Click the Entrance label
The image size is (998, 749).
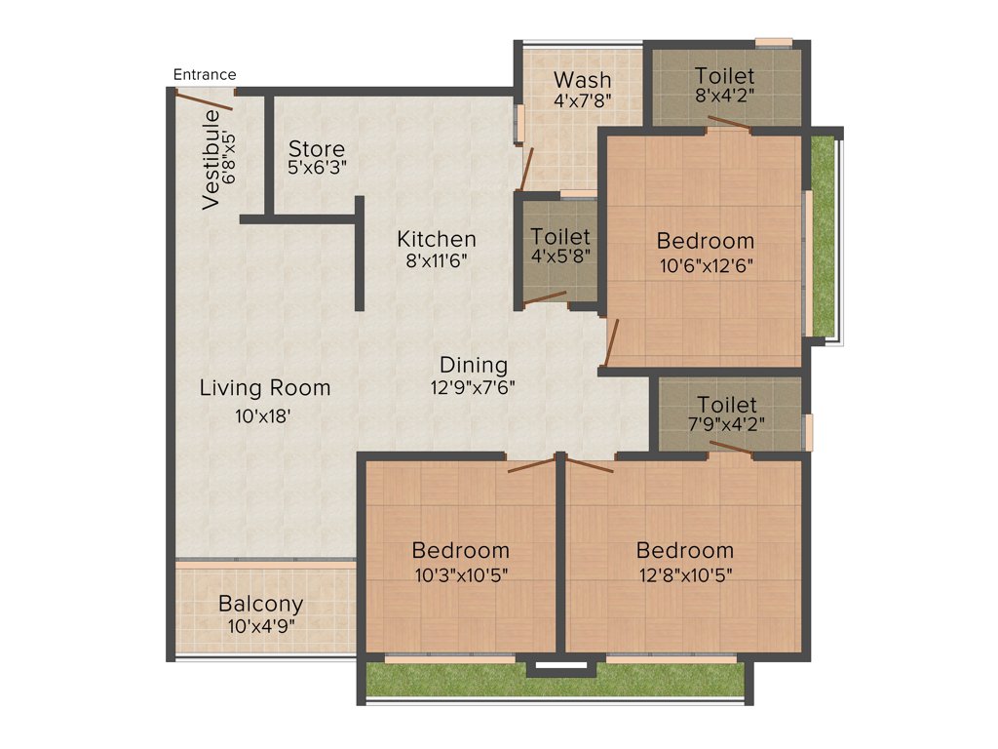click(205, 74)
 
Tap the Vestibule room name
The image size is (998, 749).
click(211, 160)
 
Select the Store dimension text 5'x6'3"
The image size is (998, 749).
click(317, 167)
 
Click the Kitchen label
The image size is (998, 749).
click(437, 239)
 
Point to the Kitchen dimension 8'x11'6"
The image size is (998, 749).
click(437, 260)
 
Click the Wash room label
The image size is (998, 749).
click(583, 79)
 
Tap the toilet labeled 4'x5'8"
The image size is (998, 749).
click(560, 247)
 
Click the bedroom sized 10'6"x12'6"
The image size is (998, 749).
click(705, 251)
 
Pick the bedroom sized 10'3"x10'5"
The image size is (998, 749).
click(460, 561)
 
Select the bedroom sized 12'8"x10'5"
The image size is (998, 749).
click(684, 561)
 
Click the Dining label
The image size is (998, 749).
click(474, 365)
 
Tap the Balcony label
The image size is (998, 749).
click(260, 604)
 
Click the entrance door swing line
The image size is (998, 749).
click(205, 100)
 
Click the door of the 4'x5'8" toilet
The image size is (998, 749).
click(545, 298)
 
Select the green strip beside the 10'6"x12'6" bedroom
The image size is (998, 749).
click(824, 234)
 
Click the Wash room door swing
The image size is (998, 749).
click(526, 170)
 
